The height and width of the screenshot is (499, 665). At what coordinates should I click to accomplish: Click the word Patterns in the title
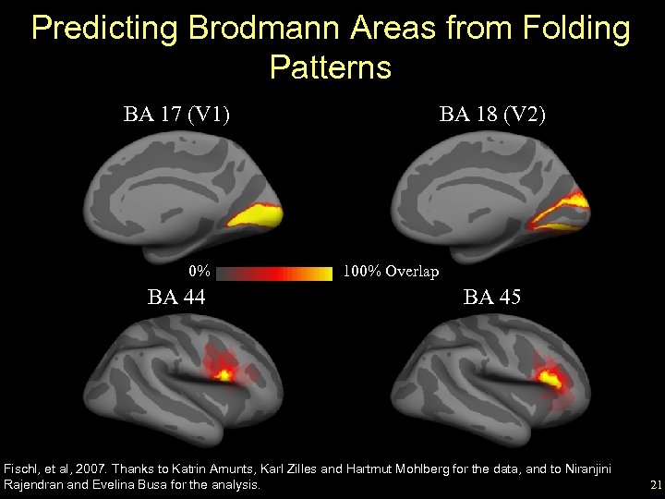[x=331, y=67]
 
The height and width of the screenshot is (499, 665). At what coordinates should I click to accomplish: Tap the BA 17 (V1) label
[x=177, y=115]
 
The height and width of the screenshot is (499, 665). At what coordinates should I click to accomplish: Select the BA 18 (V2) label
[x=493, y=115]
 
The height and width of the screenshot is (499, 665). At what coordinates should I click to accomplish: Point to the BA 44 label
[x=176, y=298]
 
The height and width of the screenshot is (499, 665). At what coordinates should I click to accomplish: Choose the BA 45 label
[x=492, y=298]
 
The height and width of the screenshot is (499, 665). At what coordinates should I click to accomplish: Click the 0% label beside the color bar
[x=199, y=273]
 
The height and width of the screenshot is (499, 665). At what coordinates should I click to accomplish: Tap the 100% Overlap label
[x=390, y=273]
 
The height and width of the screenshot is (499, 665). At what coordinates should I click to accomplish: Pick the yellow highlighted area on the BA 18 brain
[x=568, y=201]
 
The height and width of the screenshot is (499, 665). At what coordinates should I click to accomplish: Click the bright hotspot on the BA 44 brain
[x=224, y=374]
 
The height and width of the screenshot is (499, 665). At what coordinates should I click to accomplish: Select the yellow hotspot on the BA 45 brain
[x=550, y=377]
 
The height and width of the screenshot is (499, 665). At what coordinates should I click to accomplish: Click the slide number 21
[x=655, y=484]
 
